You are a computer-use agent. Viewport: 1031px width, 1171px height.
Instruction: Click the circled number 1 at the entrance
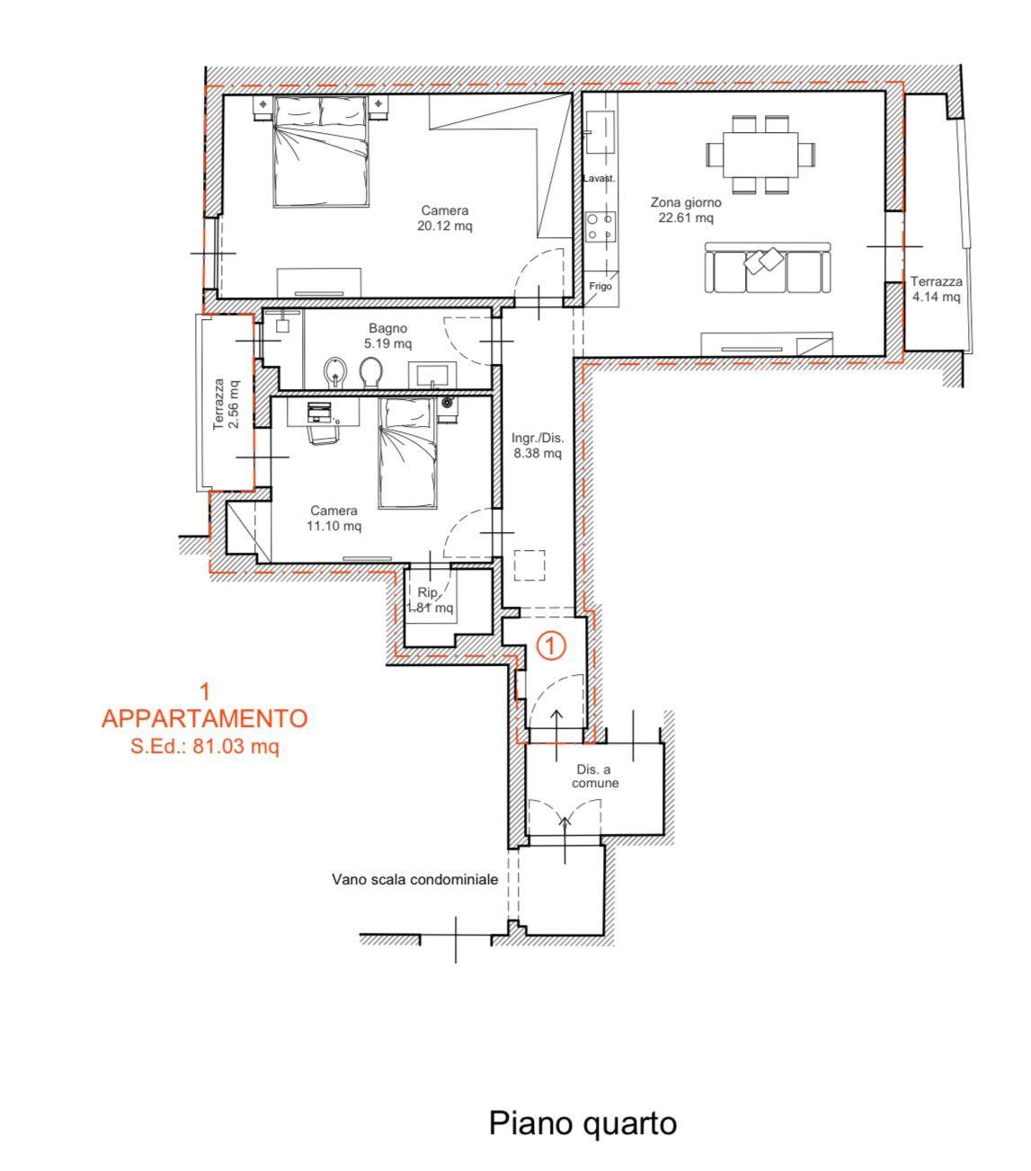(550, 645)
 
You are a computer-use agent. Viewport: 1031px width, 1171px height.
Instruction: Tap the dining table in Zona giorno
(760, 155)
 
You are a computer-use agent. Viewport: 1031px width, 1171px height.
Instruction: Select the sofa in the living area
(768, 268)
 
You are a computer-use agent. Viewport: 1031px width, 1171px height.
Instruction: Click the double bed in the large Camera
(321, 151)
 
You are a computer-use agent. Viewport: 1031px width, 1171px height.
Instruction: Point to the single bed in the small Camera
(407, 453)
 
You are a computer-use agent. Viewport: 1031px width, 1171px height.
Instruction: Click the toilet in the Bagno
(370, 372)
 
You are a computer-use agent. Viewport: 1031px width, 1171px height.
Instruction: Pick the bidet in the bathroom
(335, 373)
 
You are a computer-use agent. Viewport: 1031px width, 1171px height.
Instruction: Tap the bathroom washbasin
(432, 375)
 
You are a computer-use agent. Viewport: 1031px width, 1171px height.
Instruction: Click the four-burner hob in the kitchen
(600, 226)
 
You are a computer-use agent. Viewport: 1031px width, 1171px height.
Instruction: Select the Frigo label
(600, 286)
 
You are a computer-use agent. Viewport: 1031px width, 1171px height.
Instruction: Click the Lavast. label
(599, 179)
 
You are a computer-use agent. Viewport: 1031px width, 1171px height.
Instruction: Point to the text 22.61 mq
(685, 217)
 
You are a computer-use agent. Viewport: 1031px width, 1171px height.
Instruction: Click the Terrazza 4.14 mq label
(936, 289)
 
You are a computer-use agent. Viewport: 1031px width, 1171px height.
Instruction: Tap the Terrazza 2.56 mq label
(226, 404)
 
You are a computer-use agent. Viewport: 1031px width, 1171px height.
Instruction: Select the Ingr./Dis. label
(538, 438)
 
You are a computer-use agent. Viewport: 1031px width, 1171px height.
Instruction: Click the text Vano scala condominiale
(414, 879)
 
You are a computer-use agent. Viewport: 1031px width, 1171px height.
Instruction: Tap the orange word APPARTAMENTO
(204, 718)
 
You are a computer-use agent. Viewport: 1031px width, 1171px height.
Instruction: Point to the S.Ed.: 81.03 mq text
(205, 746)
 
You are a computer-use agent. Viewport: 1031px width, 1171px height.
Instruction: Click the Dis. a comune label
(595, 776)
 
